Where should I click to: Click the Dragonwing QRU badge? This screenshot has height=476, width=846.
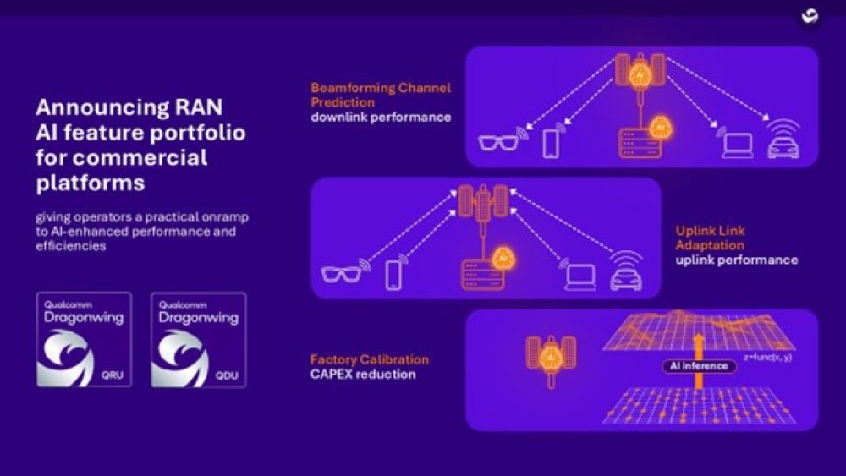[x=84, y=339]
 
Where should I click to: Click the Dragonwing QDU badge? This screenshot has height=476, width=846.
[x=199, y=339]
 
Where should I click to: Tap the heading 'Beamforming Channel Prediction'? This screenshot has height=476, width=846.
[x=381, y=95]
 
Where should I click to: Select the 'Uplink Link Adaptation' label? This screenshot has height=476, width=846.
[x=711, y=238]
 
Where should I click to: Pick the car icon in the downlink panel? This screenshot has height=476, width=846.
[x=782, y=143]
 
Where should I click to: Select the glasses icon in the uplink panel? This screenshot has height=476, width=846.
[x=342, y=275]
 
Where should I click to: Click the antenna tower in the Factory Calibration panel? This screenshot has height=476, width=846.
[x=551, y=356]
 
